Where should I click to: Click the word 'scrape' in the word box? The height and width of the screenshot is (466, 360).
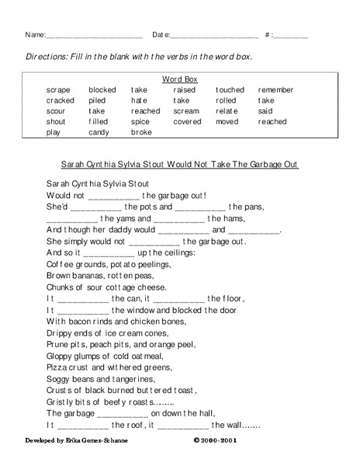[x=58, y=90]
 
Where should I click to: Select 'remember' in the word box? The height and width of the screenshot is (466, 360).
[x=276, y=90]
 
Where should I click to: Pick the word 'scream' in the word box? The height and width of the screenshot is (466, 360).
[x=186, y=111]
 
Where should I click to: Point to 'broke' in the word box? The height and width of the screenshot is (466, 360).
[x=141, y=133]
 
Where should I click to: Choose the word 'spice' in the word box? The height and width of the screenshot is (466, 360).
[x=140, y=122]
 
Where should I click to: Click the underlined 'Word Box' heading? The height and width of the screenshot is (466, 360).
[x=179, y=79]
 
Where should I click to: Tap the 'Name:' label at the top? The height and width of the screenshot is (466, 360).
[x=35, y=35]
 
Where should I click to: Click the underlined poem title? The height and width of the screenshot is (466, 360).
[x=179, y=165]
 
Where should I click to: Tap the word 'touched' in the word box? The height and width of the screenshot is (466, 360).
[x=230, y=90]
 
